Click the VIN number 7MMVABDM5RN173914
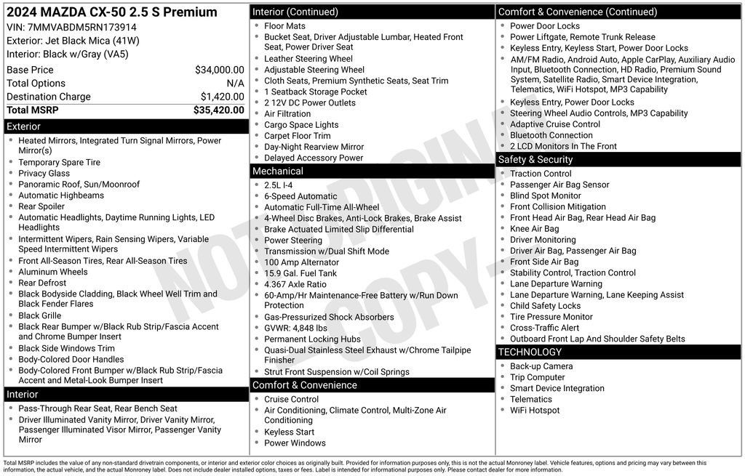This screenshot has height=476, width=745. pyautogui.click(x=71, y=28)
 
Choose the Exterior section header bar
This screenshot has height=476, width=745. pyautogui.click(x=125, y=126)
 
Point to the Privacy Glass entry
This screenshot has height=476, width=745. pyautogui.click(x=44, y=174)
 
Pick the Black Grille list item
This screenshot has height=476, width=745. pyautogui.click(x=40, y=316)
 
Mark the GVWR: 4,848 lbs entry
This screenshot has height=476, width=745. pyautogui.click(x=295, y=328)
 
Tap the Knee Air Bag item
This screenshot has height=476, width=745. pyautogui.click(x=535, y=229)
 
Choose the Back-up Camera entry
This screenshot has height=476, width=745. pyautogui.click(x=541, y=366)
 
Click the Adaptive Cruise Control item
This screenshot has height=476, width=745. pyautogui.click(x=555, y=124)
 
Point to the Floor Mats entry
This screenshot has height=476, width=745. pyautogui.click(x=285, y=26)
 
